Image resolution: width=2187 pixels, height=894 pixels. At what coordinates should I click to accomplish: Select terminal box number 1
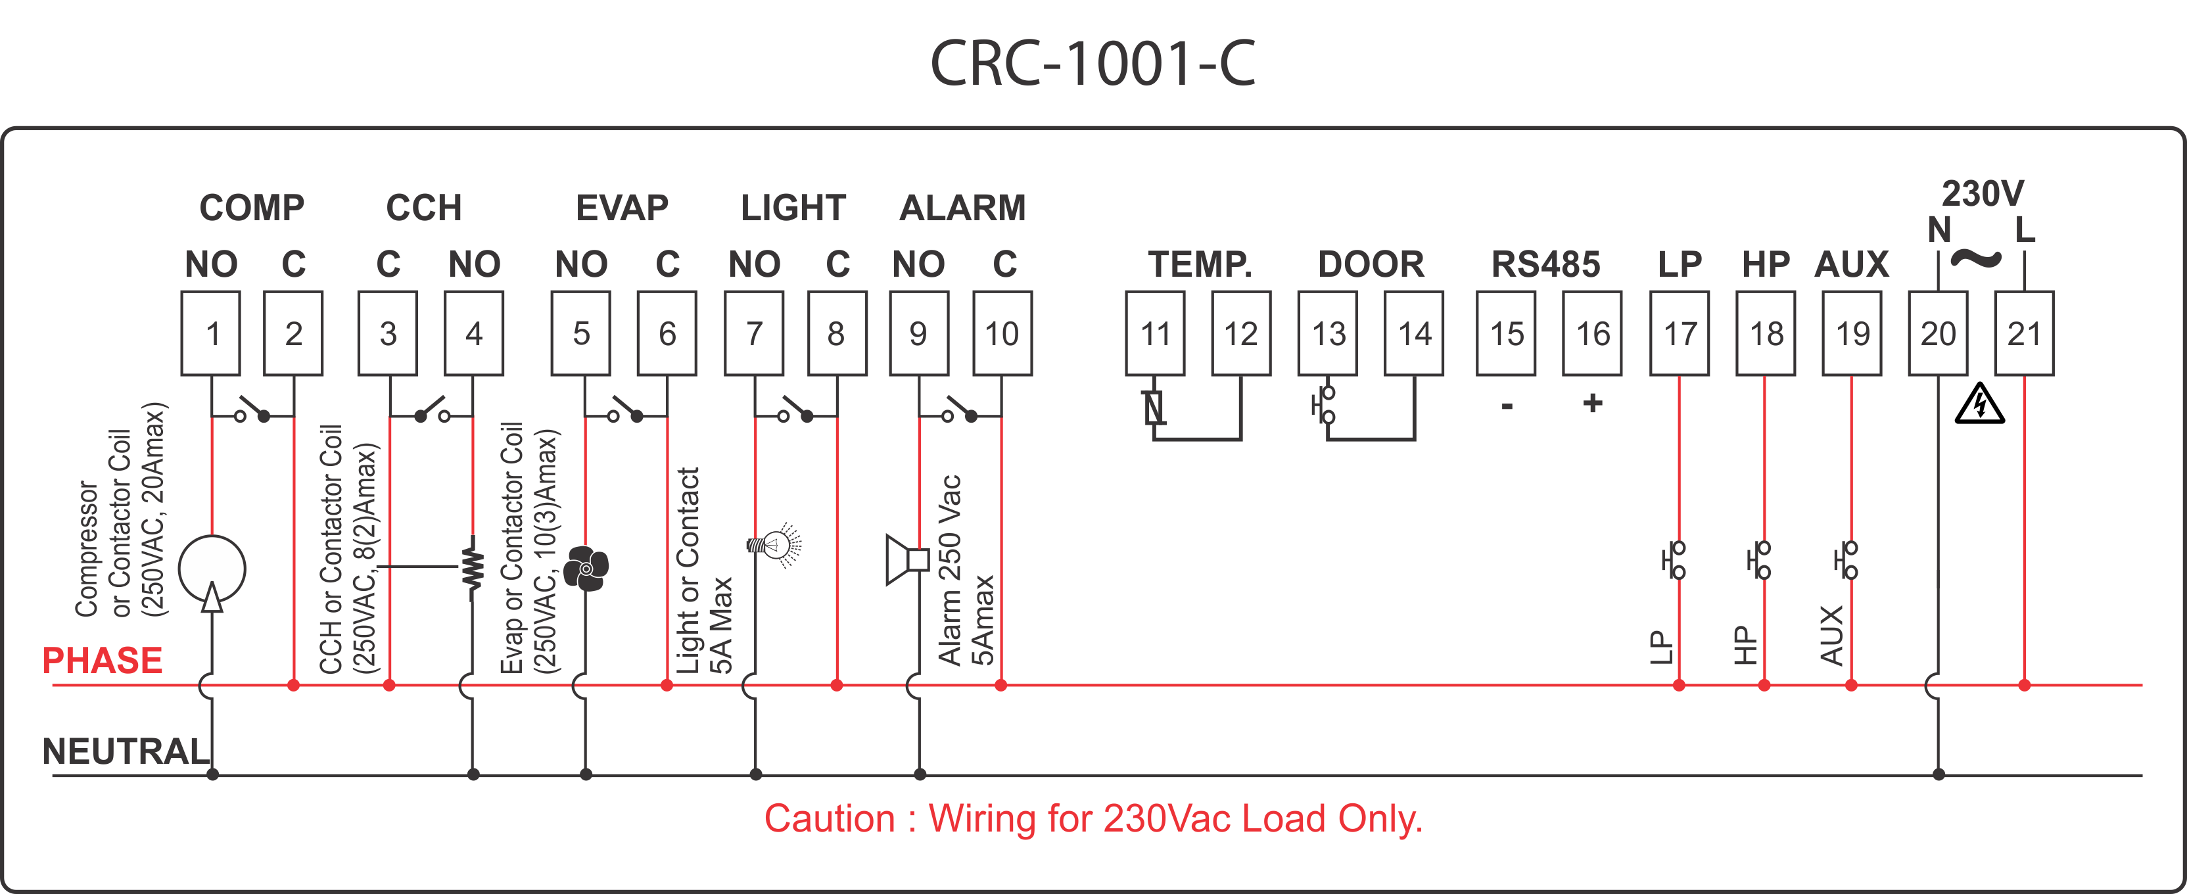[210, 334]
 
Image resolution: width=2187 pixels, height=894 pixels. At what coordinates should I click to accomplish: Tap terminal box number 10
[1002, 334]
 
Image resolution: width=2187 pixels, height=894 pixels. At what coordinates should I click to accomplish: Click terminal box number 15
[1506, 334]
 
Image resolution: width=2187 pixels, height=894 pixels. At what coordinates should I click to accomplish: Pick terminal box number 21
[2023, 334]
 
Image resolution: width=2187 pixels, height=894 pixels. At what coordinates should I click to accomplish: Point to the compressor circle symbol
[212, 569]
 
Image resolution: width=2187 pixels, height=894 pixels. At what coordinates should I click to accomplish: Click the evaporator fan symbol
[586, 568]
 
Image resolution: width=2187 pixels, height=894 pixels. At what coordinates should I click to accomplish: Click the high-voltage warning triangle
[1979, 404]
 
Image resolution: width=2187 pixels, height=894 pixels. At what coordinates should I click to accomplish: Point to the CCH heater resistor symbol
[473, 565]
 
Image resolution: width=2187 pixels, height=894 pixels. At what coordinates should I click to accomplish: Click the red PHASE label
[102, 661]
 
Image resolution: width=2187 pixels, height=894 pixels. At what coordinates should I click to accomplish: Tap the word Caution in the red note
[829, 819]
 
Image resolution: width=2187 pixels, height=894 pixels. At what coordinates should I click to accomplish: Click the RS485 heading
[1545, 264]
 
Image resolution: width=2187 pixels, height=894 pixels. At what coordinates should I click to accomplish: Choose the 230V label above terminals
[1983, 193]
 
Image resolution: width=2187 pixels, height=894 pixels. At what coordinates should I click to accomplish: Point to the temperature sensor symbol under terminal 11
[1154, 408]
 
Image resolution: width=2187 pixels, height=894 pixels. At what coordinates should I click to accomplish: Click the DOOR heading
[1371, 264]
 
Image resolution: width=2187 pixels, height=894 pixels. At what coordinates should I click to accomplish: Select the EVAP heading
[623, 208]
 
